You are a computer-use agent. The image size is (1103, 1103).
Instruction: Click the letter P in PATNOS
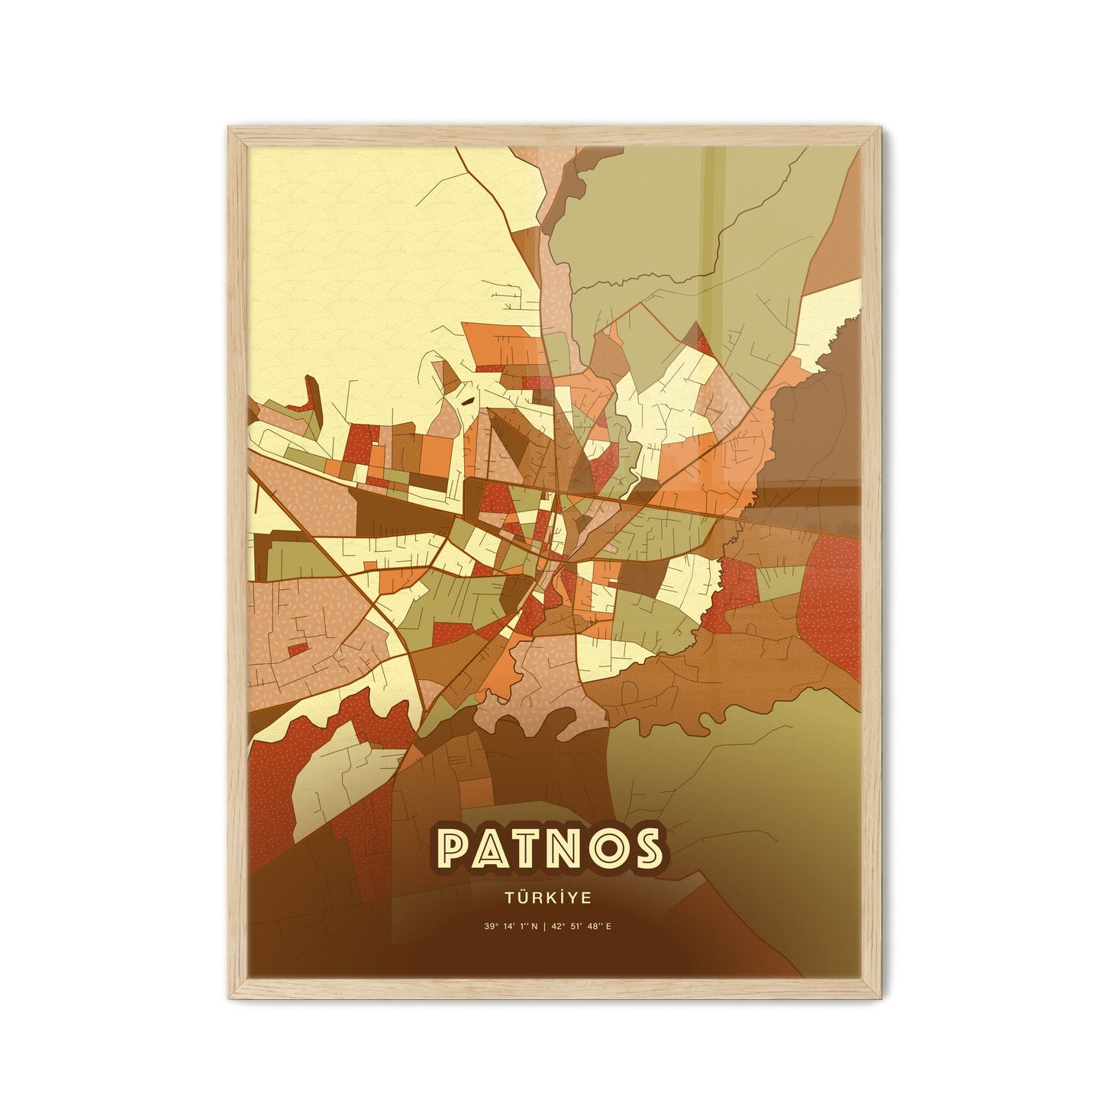(x=456, y=847)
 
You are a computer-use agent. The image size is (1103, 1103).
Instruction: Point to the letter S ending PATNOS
(x=642, y=847)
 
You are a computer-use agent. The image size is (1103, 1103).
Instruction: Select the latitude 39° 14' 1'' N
(x=511, y=927)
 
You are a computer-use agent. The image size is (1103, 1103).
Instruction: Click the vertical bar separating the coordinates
(x=550, y=927)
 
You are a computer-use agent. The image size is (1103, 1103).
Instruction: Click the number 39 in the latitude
(x=488, y=927)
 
